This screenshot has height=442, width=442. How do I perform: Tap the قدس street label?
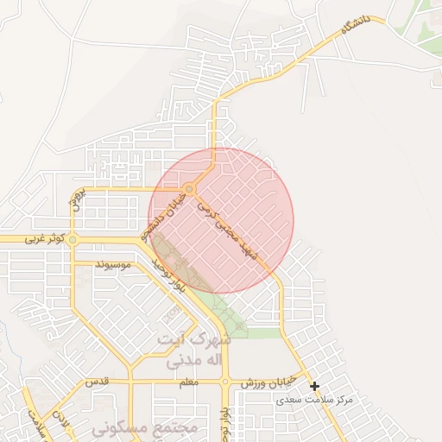[94, 381]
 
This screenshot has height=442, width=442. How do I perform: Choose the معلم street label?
[186, 381]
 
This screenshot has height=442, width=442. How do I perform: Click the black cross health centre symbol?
[314, 386]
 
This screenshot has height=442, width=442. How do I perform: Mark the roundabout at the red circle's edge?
[189, 188]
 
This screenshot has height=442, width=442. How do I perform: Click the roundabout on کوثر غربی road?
[73, 239]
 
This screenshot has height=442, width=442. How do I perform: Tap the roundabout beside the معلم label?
[224, 381]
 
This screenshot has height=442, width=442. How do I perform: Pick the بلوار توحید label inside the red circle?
[169, 273]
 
